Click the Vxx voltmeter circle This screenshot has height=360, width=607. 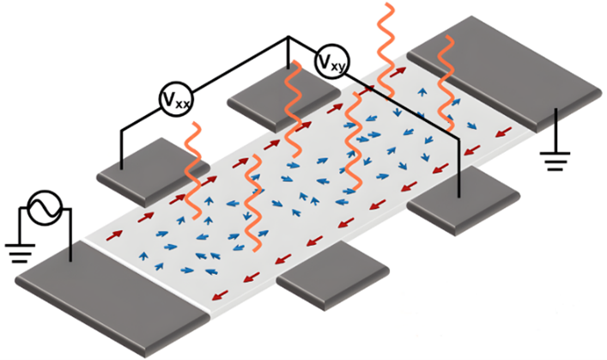click(x=176, y=101)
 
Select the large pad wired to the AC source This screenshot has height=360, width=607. click(x=103, y=297)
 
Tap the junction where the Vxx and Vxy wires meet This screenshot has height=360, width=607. click(x=287, y=37)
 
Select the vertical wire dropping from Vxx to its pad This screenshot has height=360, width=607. click(x=120, y=146)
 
